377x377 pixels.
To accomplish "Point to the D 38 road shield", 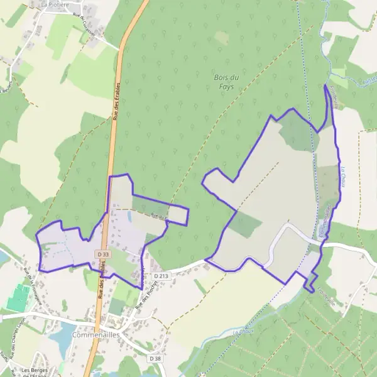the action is pos(156,358).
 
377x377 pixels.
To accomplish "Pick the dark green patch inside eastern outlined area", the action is pos(244,224).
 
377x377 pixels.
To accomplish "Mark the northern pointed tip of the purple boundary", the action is pos(325,85).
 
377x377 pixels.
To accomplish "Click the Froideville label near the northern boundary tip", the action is pos(334,98).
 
